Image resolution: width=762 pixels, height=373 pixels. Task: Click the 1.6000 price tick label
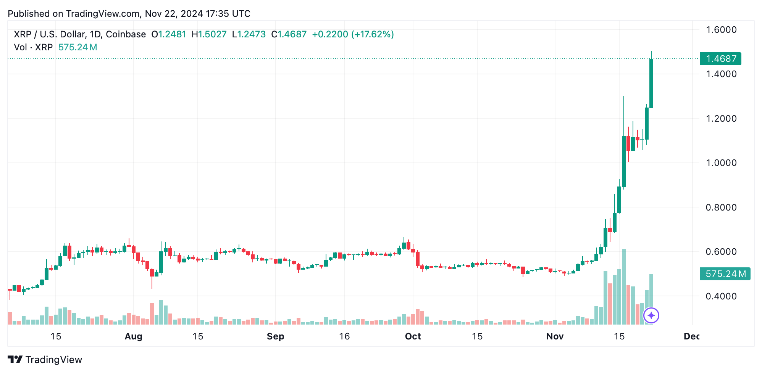721,30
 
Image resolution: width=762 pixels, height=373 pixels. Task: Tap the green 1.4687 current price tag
720,59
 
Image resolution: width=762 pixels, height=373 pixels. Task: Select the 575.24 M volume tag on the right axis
725,274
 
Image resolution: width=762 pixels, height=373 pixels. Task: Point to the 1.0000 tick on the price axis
721,163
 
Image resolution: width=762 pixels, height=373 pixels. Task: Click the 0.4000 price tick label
721,296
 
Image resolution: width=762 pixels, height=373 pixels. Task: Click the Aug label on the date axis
134,336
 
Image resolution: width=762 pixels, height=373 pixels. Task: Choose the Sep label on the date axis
275,336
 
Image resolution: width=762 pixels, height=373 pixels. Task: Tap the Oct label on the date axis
413,336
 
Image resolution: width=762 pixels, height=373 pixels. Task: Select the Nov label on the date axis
555,336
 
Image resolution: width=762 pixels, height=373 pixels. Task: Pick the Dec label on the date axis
691,336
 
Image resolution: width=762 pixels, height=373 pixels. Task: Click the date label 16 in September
344,336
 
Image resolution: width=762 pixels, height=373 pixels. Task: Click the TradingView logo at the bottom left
45,360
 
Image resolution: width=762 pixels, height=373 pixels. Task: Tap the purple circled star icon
651,315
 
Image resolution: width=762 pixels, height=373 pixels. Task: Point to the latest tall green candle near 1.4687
651,83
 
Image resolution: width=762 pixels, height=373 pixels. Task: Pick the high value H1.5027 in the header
209,34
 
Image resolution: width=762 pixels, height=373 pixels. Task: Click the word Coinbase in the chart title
126,34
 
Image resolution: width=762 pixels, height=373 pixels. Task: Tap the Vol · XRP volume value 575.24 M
77,47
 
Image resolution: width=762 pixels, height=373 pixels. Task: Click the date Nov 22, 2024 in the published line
174,14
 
